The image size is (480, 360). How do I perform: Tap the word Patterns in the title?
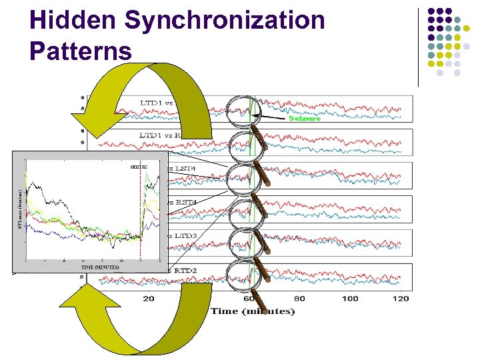[x=81, y=51]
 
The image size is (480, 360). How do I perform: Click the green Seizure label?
[x=305, y=119]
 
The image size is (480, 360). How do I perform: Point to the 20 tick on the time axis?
[x=149, y=298]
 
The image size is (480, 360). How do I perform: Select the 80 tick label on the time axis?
[x=299, y=298]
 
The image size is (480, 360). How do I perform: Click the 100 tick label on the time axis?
[x=349, y=298]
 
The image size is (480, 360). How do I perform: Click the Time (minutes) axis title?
[x=253, y=311]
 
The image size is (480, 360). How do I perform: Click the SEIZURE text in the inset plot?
[x=139, y=167]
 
